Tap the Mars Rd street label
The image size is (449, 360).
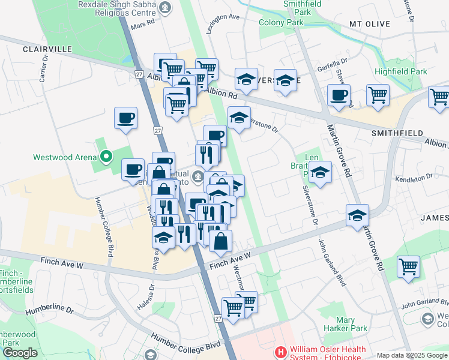pyautogui.click(x=142, y=22)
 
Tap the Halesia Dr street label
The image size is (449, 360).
pyautogui.click(x=152, y=293)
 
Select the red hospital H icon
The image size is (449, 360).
pyautogui.click(x=279, y=351)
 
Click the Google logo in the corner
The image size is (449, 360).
pyautogui.click(x=20, y=353)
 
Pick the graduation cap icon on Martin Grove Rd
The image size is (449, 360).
pyautogui.click(x=357, y=215)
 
